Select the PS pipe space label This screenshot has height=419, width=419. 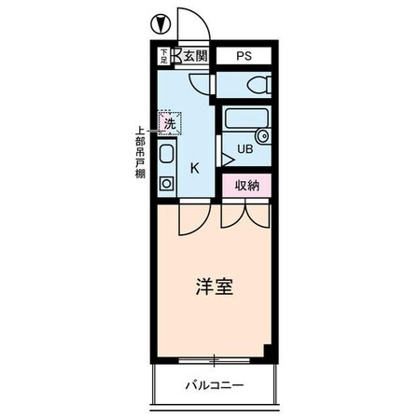pos(244,56)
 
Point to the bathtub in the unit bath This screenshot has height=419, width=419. pos(244,120)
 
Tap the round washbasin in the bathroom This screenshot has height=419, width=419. pos(262,136)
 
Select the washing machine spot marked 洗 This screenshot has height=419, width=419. pos(169,122)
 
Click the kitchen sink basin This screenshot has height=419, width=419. pos(167,155)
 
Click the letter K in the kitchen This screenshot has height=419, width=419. pos(195,169)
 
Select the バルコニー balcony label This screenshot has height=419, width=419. pos(214,384)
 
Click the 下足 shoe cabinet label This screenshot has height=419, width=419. pos(163,56)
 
